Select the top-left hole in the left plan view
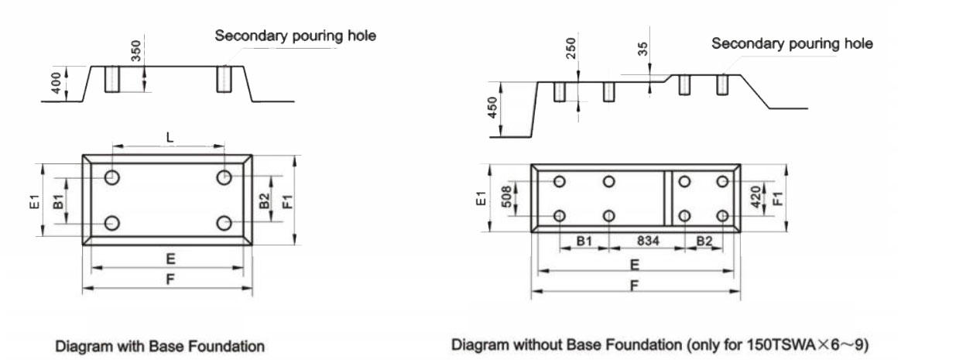point(113,177)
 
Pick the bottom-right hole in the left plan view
point(224,223)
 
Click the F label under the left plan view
point(169,279)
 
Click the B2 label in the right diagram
point(704,242)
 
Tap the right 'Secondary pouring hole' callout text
point(792,44)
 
